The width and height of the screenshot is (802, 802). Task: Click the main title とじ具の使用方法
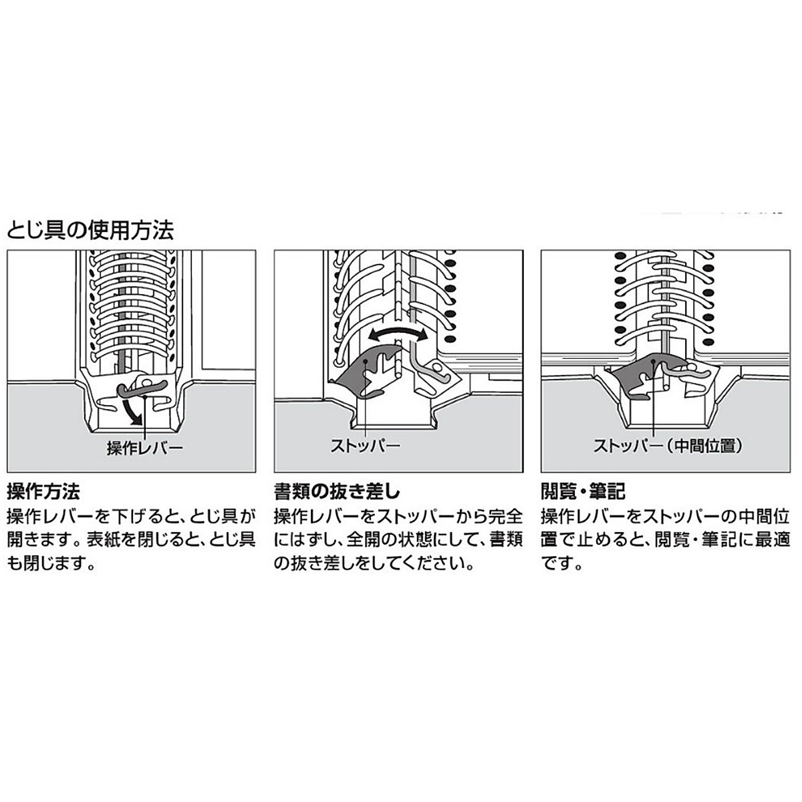(90, 231)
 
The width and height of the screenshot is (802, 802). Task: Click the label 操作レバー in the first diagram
(144, 448)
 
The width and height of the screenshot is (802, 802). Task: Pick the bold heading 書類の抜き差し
(337, 493)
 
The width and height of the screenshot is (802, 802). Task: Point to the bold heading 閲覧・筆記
(583, 493)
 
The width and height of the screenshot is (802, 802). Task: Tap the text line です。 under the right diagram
(563, 563)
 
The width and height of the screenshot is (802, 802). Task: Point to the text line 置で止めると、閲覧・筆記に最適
(665, 540)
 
